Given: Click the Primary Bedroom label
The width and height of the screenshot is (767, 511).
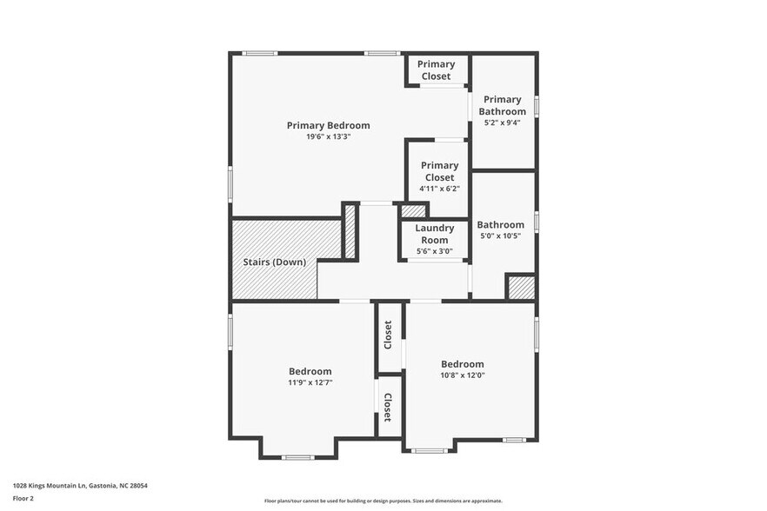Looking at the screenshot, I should point(328,125).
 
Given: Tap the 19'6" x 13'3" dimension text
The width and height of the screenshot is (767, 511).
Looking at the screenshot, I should point(328,136).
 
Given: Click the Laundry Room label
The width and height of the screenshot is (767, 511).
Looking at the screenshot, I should point(435,234).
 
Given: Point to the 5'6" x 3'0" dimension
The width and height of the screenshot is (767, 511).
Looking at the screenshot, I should point(435,251).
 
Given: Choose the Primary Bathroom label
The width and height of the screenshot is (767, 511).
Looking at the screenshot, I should point(504,105).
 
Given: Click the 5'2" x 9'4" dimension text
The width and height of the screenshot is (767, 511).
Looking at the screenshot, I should point(504,123).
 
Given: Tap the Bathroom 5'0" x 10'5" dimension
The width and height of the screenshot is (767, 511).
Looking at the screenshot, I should point(500,236).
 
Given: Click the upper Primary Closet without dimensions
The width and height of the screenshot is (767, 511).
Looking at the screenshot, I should point(436,70).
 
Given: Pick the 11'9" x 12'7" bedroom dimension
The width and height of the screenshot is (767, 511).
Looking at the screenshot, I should point(310,382).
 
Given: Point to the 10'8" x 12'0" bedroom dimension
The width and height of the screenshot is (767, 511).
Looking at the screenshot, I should point(462,375).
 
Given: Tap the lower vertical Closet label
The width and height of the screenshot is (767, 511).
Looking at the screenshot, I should point(389,407).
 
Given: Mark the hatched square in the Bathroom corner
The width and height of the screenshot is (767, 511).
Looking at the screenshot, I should point(520,288).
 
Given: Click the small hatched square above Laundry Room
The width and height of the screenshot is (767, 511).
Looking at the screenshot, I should point(413,210).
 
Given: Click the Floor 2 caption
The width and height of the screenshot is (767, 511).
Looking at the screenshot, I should point(23,499).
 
